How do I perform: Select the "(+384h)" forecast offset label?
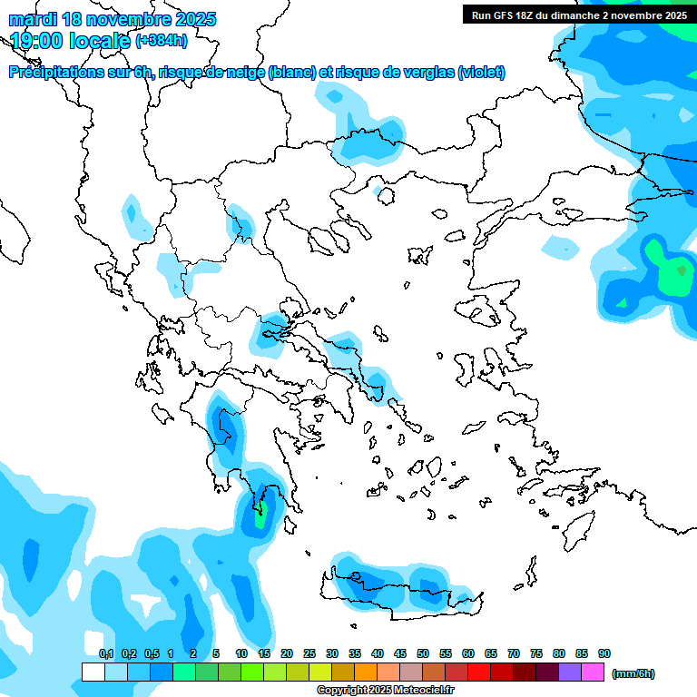point(162,40)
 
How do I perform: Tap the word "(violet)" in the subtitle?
point(482,73)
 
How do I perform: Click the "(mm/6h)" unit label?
point(633,673)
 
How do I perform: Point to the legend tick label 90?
point(604,653)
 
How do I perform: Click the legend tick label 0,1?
point(106,653)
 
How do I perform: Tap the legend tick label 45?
point(400,653)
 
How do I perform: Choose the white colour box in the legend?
point(93,672)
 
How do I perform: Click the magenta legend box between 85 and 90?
point(593,672)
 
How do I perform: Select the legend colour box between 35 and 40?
point(366,672)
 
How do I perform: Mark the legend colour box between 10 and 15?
point(252,672)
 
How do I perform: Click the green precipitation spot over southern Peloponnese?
point(261,519)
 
